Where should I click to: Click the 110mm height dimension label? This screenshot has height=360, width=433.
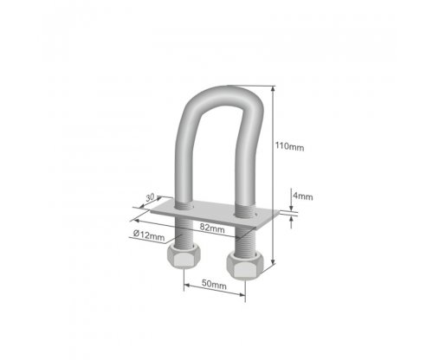(x=289, y=146)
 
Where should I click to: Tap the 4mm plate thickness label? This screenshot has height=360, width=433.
(x=303, y=196)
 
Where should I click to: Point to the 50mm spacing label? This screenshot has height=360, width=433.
(x=214, y=285)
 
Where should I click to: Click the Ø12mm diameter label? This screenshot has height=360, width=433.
(x=149, y=235)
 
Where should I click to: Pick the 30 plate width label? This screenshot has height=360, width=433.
(x=150, y=197)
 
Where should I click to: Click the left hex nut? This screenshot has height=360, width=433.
(x=184, y=256)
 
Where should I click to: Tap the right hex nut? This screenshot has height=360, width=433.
(x=245, y=265)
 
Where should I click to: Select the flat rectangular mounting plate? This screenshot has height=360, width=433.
(x=215, y=214)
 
